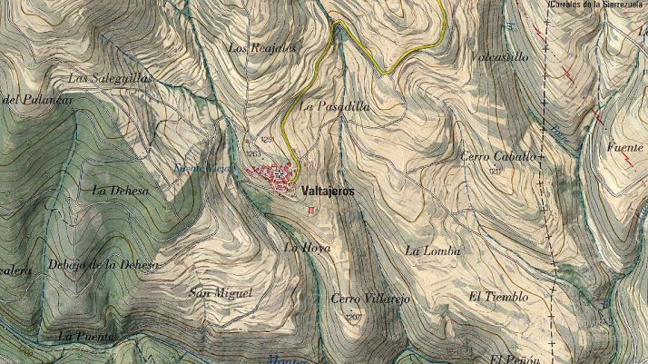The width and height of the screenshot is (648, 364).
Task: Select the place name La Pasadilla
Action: tap(334, 106)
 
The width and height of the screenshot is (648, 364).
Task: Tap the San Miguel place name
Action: tap(220, 292)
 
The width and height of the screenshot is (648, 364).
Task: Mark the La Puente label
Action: tap(86, 336)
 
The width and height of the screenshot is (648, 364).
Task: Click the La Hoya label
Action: tap(307, 247)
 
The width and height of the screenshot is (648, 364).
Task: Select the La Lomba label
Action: tap(434, 250)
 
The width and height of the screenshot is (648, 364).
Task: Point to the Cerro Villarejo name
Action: tap(370, 299)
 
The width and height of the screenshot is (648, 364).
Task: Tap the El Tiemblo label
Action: tap(498, 297)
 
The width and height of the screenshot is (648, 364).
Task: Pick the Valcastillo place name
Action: tap(500, 56)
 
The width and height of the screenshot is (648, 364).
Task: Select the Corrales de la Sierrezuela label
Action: tap(597, 5)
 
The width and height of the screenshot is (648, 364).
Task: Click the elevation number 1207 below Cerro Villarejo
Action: tap(355, 316)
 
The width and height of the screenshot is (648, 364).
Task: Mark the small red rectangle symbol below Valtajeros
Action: tap(310, 211)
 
